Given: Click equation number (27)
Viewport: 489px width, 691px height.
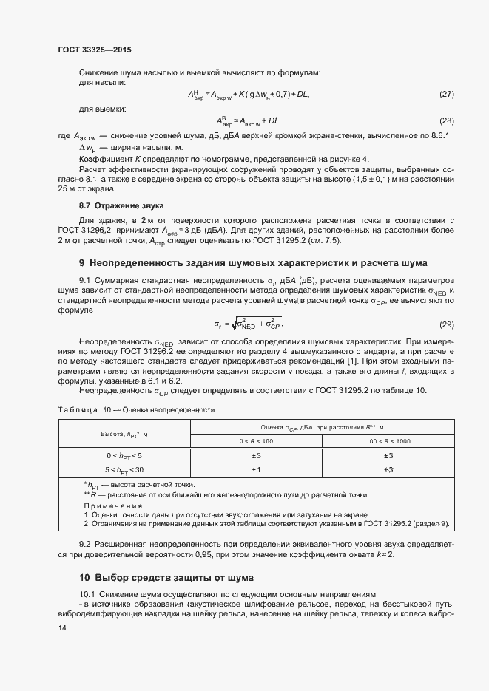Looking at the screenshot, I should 446,95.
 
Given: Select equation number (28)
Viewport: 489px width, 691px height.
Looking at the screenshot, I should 446,120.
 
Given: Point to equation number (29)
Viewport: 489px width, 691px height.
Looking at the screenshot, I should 446,324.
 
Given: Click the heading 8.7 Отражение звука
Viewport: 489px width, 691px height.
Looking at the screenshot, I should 121,204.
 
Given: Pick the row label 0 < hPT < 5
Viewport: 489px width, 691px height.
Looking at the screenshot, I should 124,455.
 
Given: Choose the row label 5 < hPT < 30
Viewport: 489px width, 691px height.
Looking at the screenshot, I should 124,469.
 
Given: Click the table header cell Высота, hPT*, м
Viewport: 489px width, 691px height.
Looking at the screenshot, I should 124,434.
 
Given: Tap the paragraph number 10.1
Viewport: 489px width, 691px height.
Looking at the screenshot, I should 87,594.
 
